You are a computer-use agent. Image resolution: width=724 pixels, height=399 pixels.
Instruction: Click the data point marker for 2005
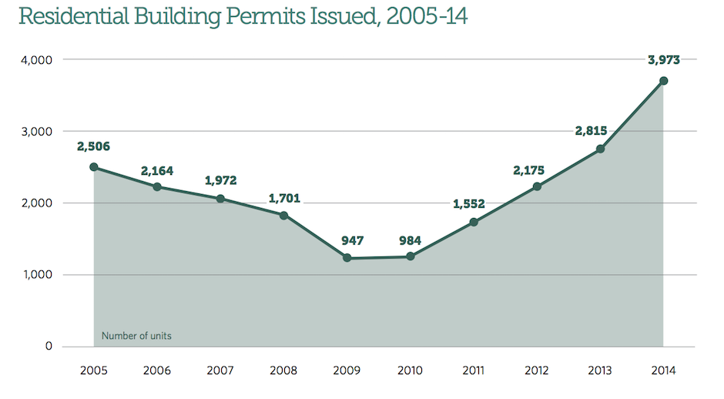93,167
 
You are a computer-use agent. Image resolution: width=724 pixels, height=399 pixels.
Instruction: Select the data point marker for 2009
347,258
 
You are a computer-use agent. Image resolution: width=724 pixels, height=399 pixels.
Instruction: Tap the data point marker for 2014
663,81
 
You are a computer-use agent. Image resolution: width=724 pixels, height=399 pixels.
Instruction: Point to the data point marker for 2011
474,223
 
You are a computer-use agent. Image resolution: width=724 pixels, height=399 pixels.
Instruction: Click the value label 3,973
664,60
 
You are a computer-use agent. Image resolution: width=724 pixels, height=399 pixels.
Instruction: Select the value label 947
347,240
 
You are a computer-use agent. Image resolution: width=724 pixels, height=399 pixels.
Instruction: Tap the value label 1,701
283,198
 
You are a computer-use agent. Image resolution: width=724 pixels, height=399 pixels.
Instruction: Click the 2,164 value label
157,169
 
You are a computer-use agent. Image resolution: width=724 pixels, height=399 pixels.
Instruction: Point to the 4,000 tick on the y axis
36,60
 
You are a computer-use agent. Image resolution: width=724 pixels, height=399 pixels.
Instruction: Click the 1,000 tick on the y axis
36,275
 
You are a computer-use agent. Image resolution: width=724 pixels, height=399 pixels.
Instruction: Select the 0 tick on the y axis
48,347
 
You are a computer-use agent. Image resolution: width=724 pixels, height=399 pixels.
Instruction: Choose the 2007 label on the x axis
220,371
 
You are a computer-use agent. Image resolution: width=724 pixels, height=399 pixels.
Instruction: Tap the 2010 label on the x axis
410,371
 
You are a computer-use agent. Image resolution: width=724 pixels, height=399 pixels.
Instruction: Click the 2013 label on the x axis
600,371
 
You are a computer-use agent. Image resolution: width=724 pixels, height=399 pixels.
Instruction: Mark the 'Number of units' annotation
136,336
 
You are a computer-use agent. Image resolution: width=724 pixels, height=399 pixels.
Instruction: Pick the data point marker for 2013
600,149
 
